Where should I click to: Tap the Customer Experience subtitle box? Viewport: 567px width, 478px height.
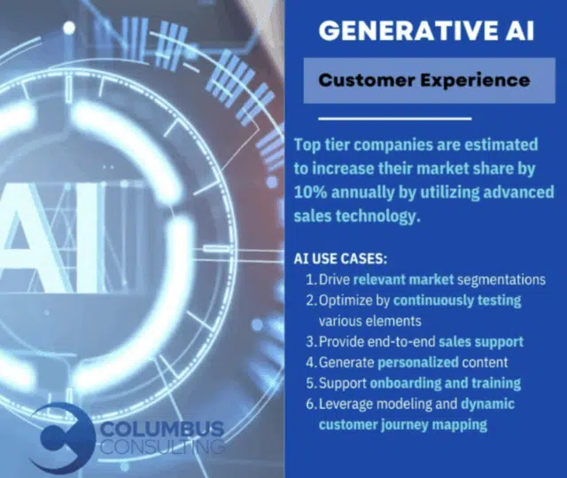[x=429, y=81]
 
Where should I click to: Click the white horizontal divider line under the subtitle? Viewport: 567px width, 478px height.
[x=395, y=118]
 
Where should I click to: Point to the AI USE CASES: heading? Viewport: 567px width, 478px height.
[x=340, y=259]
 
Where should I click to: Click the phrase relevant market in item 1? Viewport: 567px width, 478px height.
[x=403, y=279]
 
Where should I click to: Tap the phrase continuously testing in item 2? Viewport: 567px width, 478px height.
[x=457, y=301]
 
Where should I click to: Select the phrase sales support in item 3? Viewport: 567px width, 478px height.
[x=481, y=342]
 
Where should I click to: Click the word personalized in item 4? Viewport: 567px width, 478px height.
[x=418, y=363]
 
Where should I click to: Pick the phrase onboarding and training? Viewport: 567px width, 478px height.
[x=445, y=383]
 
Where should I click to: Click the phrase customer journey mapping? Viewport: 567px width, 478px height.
[x=403, y=425]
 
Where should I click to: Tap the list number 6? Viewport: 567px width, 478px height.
[x=311, y=404]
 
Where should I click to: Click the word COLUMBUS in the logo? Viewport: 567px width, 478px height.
[x=161, y=429]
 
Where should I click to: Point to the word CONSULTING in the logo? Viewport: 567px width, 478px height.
[x=161, y=447]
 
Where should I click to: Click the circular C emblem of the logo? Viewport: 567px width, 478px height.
[x=61, y=437]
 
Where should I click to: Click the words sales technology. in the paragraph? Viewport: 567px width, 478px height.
[x=357, y=216]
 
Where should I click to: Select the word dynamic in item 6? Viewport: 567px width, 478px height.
[x=487, y=404]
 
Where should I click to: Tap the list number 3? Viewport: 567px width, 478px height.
[x=311, y=342]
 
